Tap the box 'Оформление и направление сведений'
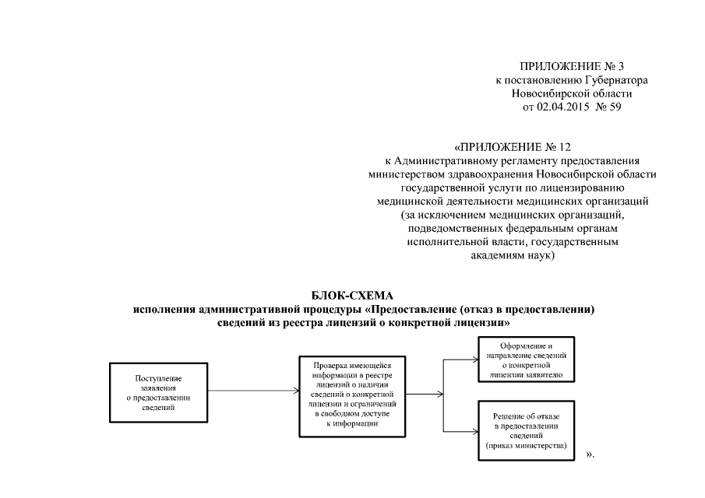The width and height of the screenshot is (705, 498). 526,359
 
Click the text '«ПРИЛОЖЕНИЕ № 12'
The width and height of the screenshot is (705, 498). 512,146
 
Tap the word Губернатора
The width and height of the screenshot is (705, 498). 616,80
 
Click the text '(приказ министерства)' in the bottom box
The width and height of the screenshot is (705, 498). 525,447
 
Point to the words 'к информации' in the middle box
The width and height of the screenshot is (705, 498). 352,423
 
